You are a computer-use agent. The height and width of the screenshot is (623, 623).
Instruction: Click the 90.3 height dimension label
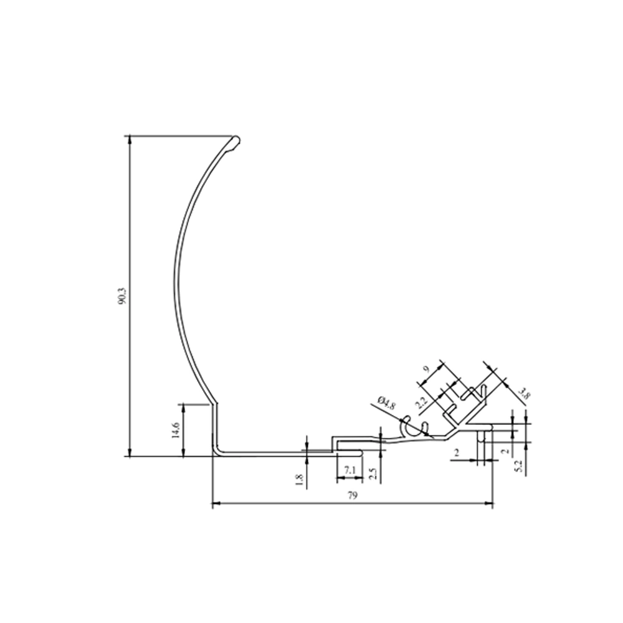pyautogui.click(x=122, y=296)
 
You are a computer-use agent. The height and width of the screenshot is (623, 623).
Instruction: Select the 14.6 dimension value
pyautogui.click(x=176, y=430)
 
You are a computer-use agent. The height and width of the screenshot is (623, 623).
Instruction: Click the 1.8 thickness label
pyautogui.click(x=300, y=480)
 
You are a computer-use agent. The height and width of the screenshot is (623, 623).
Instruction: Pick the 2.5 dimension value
pyautogui.click(x=373, y=473)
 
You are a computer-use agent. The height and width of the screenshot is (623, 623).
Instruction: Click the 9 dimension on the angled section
pyautogui.click(x=426, y=369)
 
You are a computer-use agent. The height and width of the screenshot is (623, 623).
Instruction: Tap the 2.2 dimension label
pyautogui.click(x=421, y=403)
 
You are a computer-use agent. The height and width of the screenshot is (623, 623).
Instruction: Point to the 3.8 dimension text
pyautogui.click(x=525, y=395)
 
